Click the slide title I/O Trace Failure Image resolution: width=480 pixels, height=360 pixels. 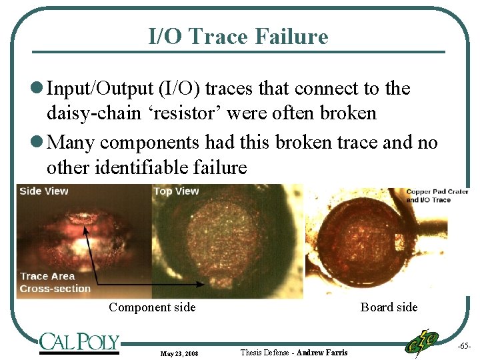[x=238, y=36]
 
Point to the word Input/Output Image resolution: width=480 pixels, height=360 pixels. [x=95, y=89]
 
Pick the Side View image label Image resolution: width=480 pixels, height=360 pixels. [x=44, y=191]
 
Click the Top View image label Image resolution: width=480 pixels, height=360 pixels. [x=177, y=191]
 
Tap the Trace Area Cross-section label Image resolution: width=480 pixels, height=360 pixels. [x=55, y=283]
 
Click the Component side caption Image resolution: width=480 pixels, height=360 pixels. [x=152, y=307]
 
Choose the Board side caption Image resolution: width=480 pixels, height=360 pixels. [x=389, y=307]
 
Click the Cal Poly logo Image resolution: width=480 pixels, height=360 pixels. [x=79, y=343]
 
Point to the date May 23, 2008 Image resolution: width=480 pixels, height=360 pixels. [x=179, y=353]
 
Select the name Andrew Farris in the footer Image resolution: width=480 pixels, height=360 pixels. [x=322, y=352]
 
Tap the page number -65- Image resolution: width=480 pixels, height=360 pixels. [x=464, y=346]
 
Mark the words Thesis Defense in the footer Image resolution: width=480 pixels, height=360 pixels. [x=265, y=352]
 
